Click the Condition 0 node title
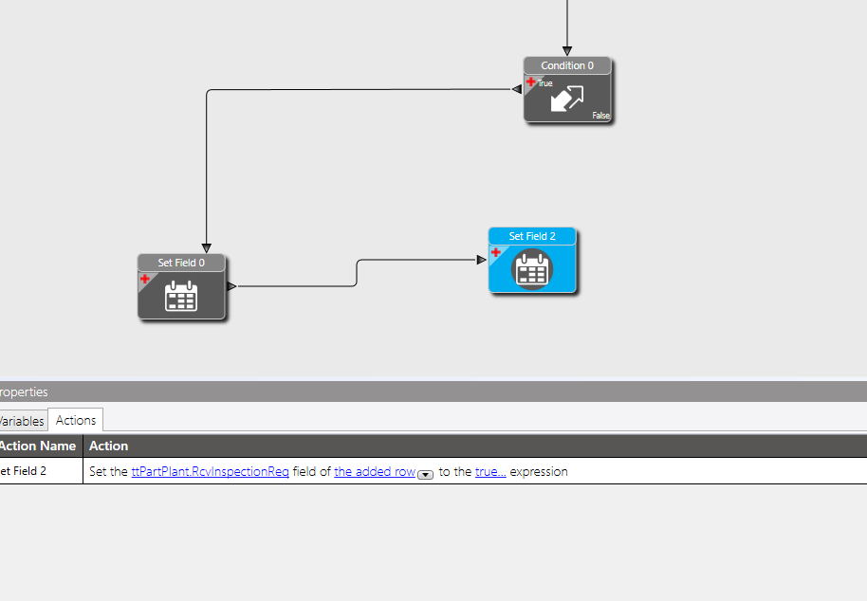[x=567, y=65]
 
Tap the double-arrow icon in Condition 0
[x=567, y=99]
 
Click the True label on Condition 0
[x=545, y=83]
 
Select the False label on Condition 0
[x=601, y=116]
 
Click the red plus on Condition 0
[x=531, y=82]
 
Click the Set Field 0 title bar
[x=181, y=263]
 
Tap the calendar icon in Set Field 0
[x=181, y=296]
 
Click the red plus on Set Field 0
[x=145, y=279]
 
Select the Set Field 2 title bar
[x=532, y=236]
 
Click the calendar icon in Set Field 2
[x=532, y=269]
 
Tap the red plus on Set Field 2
[x=496, y=252]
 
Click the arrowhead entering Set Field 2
[x=482, y=260]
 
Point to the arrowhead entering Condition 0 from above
[x=567, y=51]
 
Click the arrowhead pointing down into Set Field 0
[x=207, y=248]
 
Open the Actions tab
[x=76, y=420]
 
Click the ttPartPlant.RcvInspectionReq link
[x=211, y=472]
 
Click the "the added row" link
[x=375, y=472]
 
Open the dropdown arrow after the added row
[x=425, y=475]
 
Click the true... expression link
[x=490, y=472]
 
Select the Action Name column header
[x=38, y=446]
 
